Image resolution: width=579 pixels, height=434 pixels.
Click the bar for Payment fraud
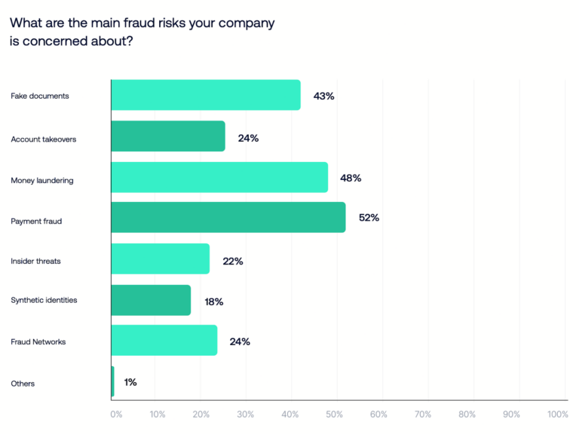(228, 218)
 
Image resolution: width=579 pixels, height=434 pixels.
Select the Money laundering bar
(219, 178)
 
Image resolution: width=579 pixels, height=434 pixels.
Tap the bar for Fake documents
(206, 96)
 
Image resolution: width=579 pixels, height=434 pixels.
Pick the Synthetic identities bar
(151, 300)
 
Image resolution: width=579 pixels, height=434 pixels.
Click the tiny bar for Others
(113, 382)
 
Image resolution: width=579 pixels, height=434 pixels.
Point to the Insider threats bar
(160, 259)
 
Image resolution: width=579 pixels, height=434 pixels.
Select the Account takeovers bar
(168, 136)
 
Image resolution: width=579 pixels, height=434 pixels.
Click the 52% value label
(369, 219)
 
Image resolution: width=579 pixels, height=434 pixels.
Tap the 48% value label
(351, 178)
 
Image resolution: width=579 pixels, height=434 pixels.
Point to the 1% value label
(130, 383)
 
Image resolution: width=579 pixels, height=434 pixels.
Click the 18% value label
(214, 301)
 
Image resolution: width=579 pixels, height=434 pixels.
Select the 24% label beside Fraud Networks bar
(240, 341)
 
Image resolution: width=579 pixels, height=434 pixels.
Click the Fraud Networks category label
(38, 341)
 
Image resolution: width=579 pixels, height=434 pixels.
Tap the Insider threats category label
(35, 261)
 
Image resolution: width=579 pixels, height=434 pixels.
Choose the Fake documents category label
(39, 96)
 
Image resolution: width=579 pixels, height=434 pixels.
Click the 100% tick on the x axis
(558, 414)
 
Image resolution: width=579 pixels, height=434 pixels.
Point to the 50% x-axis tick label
(335, 414)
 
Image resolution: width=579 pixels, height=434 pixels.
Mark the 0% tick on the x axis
(116, 414)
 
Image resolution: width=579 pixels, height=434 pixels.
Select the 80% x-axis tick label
(467, 414)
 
